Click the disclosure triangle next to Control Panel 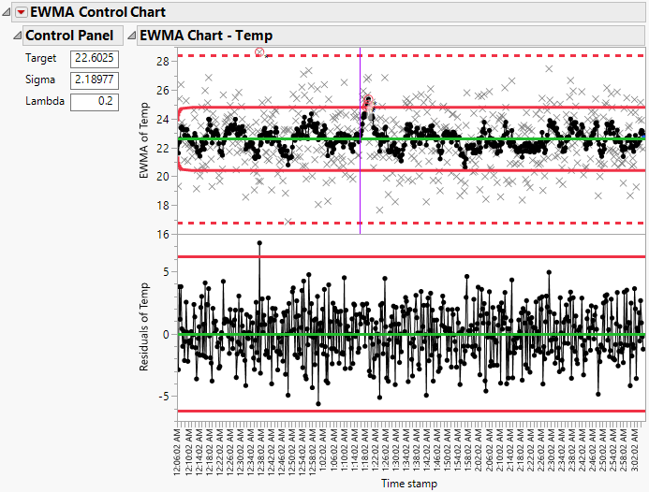16,36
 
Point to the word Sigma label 39,80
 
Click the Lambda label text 43,100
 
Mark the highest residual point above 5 259,243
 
